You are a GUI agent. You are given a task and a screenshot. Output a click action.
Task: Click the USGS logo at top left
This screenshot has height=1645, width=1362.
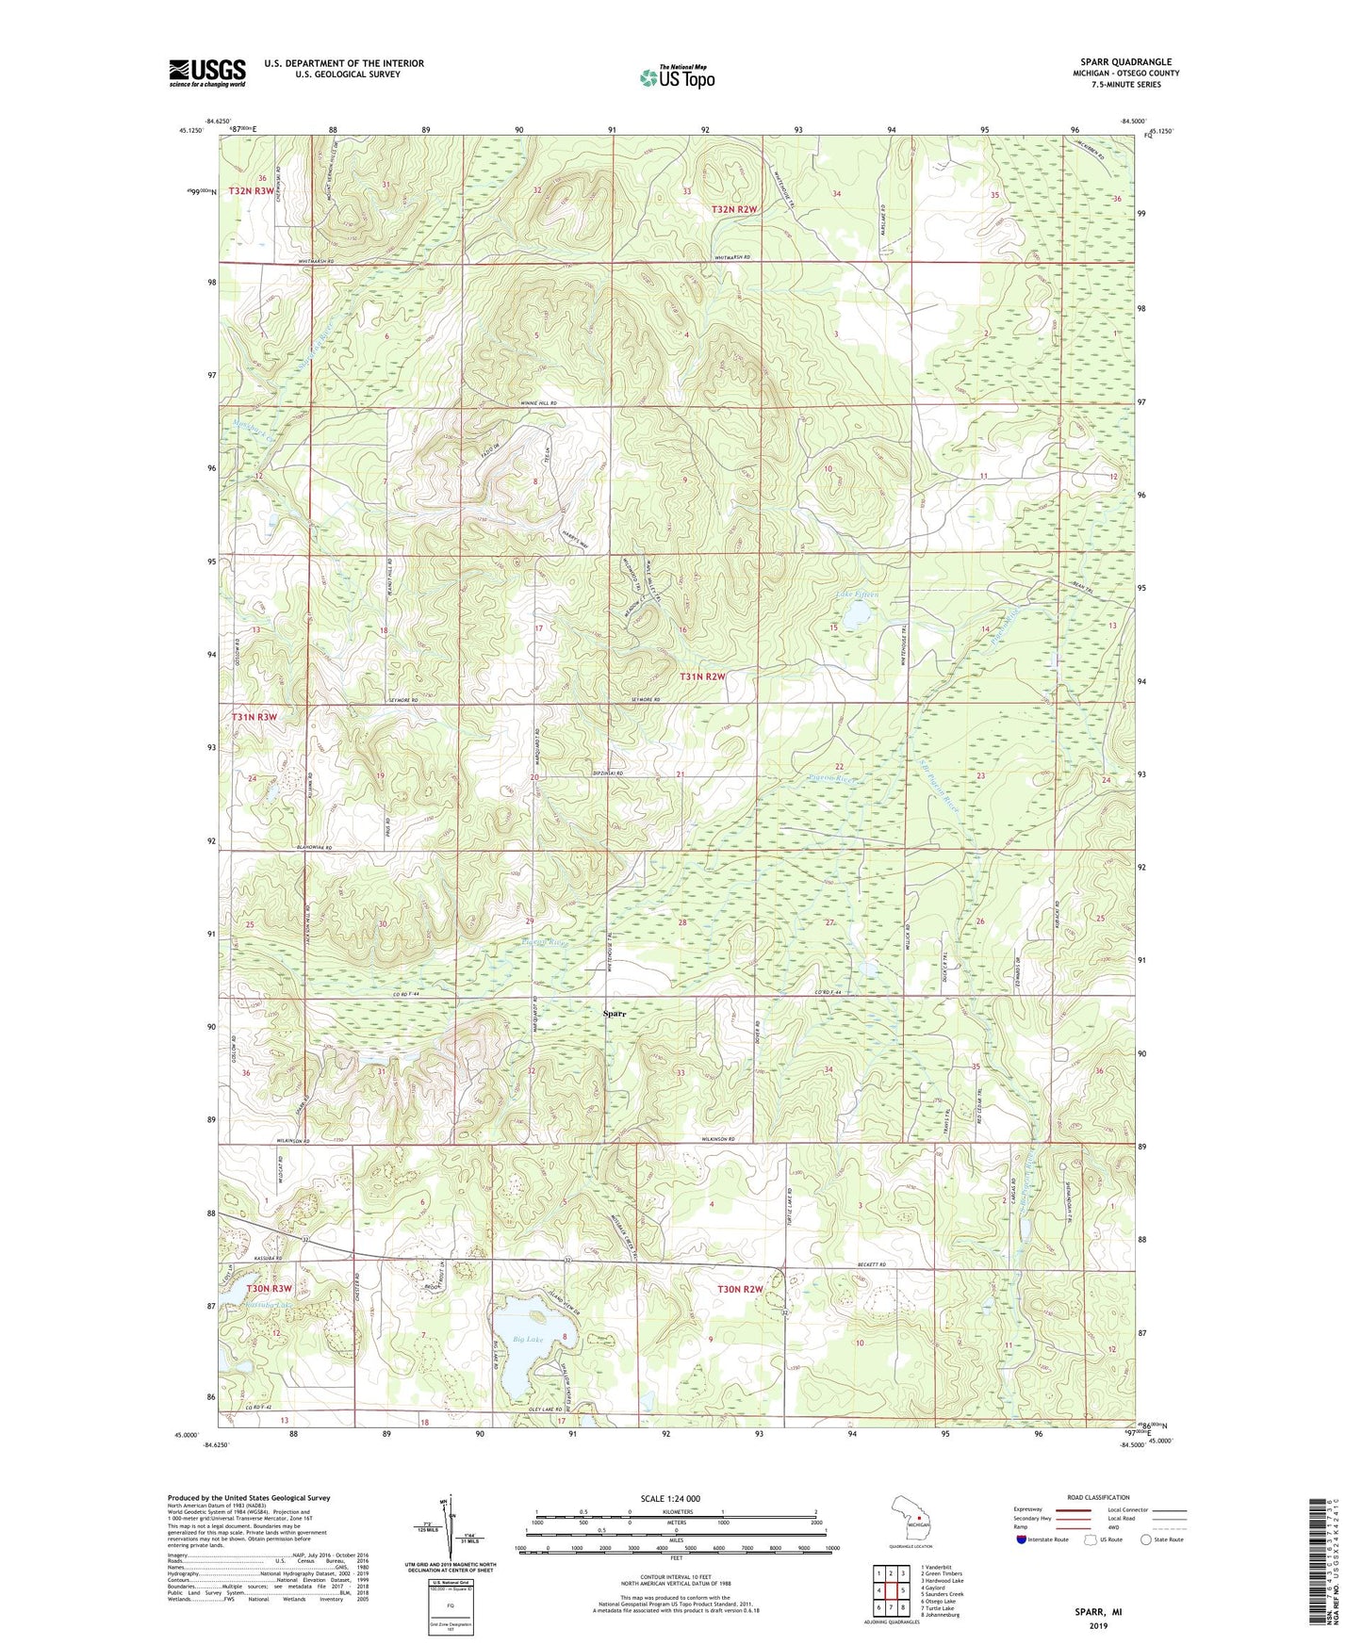(x=207, y=73)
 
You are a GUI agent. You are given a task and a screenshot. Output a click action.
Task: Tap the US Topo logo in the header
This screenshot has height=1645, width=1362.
(x=676, y=77)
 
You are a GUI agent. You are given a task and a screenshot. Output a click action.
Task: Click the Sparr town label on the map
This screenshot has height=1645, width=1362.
(x=616, y=1014)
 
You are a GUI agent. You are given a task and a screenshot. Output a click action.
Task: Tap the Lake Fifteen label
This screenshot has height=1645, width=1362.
(x=857, y=595)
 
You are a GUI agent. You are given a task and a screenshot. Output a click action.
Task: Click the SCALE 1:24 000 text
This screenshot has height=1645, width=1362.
(x=670, y=1498)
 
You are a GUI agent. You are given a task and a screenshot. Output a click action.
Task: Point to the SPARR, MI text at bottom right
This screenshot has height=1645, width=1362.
(x=1099, y=1612)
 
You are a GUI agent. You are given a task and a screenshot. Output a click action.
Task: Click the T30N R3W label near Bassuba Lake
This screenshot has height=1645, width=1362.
(x=270, y=1288)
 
